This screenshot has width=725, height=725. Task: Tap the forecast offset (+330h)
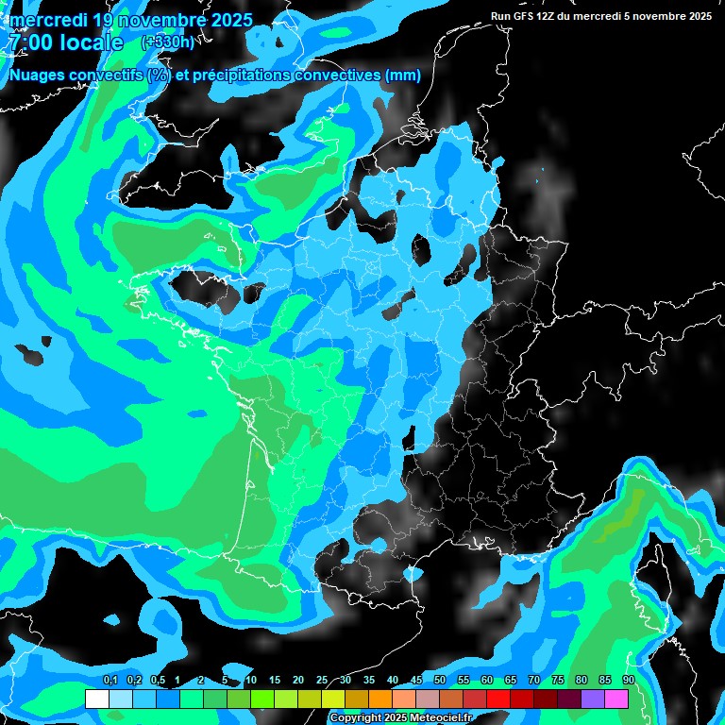pos(167,42)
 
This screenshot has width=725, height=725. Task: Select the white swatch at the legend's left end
pos(96,699)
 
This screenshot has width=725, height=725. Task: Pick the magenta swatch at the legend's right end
pos(616,699)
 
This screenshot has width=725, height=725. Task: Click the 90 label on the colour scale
pos(629,681)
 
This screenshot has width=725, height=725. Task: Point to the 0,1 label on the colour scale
pos(110,681)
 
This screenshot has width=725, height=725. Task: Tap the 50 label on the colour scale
pos(440,681)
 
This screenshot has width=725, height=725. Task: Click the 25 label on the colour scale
pos(322,681)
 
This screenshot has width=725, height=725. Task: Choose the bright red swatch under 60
pos(498,699)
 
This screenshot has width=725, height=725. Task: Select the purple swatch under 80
pos(593,699)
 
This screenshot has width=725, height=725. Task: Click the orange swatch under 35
pos(380,699)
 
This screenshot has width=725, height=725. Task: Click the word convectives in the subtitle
pos(334,76)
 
